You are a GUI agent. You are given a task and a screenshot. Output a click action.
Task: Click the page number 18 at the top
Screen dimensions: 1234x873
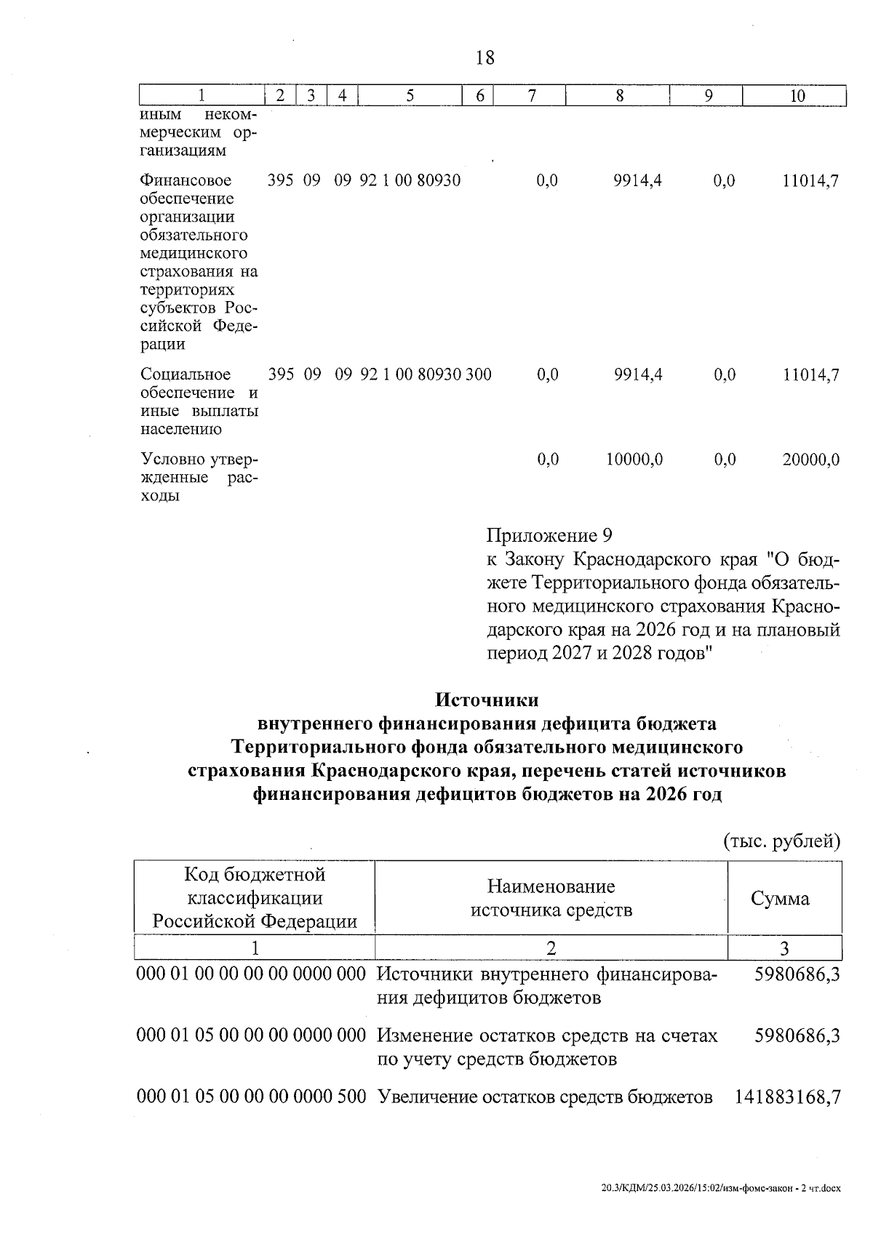click(x=485, y=57)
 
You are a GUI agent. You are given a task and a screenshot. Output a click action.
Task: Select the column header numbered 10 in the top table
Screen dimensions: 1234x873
click(x=797, y=96)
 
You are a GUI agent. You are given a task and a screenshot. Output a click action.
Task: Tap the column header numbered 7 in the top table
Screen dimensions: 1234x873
click(x=532, y=96)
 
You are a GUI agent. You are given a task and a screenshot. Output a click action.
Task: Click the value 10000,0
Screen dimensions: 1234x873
click(x=634, y=460)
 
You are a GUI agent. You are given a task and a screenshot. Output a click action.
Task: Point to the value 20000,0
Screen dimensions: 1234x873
click(x=810, y=460)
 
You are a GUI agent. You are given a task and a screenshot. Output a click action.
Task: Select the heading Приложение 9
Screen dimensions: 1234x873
click(x=549, y=536)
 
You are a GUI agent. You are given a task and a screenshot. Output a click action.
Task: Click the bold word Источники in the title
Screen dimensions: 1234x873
click(x=487, y=700)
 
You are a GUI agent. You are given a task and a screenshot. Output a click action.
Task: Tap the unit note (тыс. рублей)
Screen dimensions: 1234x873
click(x=781, y=841)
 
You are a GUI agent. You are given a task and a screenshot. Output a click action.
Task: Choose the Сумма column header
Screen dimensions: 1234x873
click(x=780, y=898)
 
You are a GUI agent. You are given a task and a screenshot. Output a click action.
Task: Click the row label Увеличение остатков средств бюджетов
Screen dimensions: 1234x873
click(x=545, y=1097)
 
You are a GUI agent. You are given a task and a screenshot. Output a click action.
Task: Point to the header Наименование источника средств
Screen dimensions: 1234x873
click(x=551, y=898)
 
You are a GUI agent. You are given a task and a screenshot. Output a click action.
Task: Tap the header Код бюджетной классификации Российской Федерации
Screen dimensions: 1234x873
click(x=255, y=898)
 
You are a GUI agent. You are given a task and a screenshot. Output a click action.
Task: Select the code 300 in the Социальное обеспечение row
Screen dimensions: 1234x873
click(x=478, y=374)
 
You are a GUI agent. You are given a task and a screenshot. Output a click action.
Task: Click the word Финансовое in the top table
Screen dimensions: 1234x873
click(x=186, y=180)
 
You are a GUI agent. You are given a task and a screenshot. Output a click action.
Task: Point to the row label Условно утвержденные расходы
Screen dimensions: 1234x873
click(x=199, y=478)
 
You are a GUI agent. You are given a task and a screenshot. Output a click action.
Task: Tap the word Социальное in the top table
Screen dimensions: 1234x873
click(x=186, y=374)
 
